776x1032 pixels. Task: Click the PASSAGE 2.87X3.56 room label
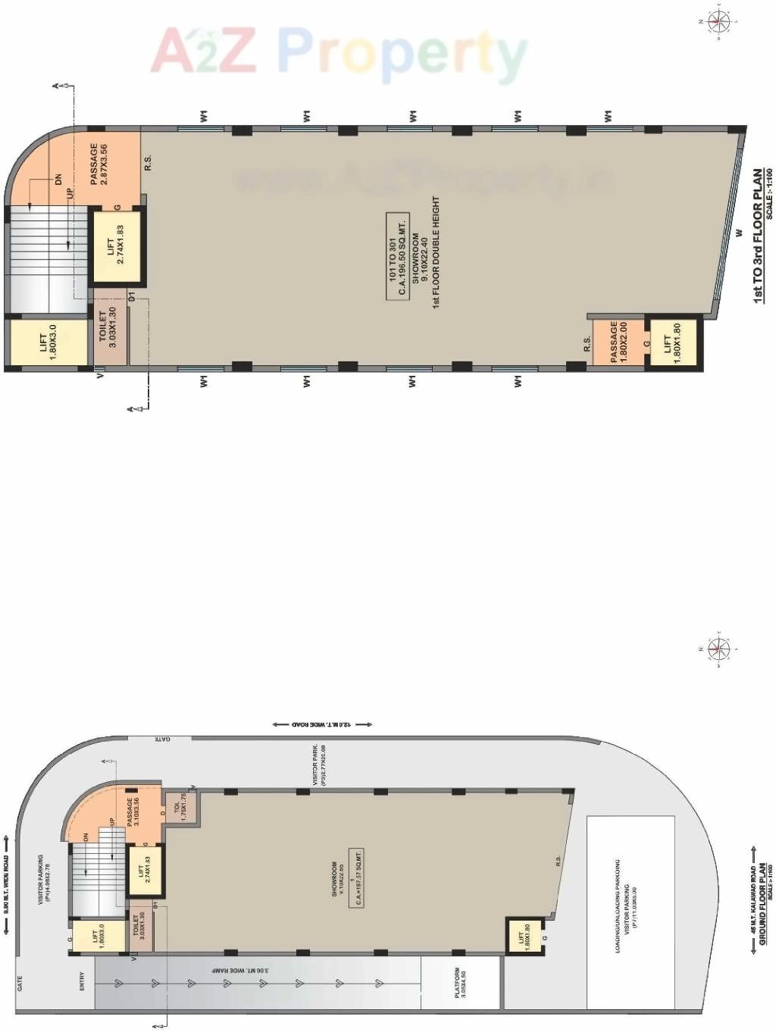(x=99, y=164)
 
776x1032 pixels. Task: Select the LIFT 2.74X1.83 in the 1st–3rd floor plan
(x=116, y=246)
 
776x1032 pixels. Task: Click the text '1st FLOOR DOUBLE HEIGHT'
(x=436, y=252)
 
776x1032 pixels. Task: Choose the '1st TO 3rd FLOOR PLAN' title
(x=758, y=236)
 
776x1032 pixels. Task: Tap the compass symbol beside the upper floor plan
(x=717, y=22)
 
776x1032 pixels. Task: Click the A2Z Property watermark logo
(x=339, y=52)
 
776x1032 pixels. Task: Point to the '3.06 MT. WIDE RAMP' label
(x=239, y=970)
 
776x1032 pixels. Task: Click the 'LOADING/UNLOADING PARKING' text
(x=618, y=905)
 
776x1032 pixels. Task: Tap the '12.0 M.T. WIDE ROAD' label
(x=322, y=724)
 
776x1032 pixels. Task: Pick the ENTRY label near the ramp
(x=83, y=981)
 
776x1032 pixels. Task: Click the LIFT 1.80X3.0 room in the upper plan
(x=48, y=342)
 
